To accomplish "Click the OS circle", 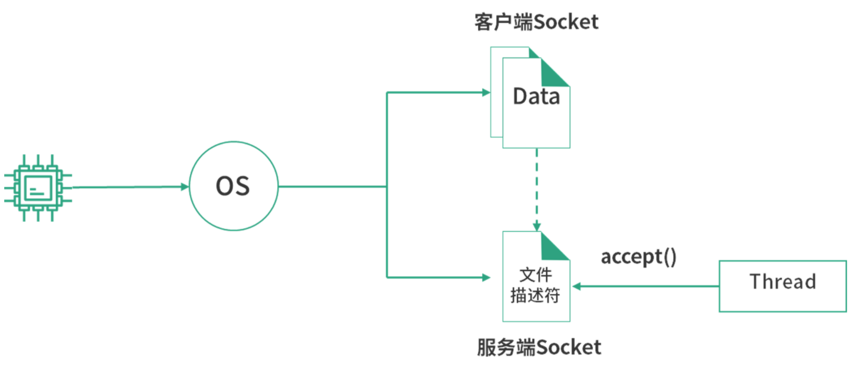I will tap(233, 187).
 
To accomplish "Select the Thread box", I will tap(782, 285).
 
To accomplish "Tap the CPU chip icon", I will tap(37, 188).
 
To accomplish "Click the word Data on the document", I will tap(536, 96).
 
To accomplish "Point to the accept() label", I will tap(638, 258).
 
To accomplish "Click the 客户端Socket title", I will tap(536, 22).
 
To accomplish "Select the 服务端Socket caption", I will tap(539, 347).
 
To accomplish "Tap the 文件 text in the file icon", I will tap(536, 275).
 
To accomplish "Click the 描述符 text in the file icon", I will tap(536, 295).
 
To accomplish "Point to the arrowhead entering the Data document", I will tap(486, 92).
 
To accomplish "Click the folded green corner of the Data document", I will tap(555, 73).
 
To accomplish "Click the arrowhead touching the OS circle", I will tap(184, 187).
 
